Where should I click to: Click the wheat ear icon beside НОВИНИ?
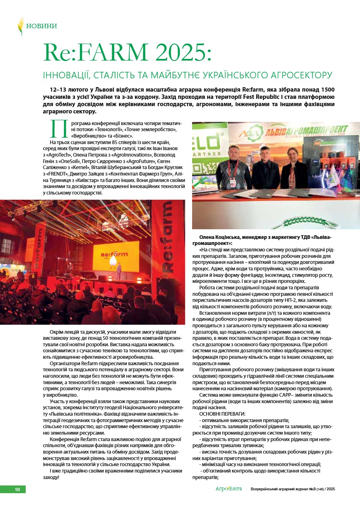click(x=20, y=26)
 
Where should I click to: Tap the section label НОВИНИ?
click(x=42, y=26)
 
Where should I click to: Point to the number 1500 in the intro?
click(x=327, y=89)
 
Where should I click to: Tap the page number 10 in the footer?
click(x=17, y=490)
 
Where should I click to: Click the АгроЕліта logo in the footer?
click(x=228, y=489)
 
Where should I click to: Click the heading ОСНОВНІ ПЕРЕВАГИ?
click(x=222, y=414)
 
